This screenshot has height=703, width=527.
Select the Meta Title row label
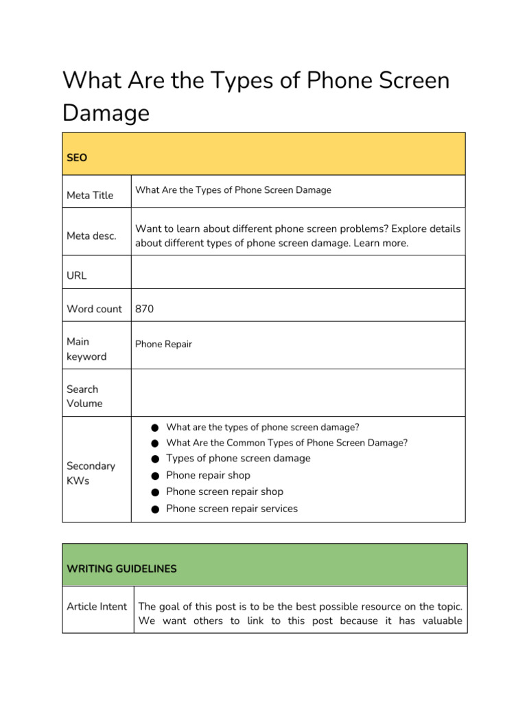[90, 195]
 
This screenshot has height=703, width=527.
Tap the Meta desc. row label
[91, 235]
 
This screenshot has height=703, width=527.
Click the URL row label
[77, 275]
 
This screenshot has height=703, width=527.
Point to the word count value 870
[145, 309]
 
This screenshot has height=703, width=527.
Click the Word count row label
[94, 309]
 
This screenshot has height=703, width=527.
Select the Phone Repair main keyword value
[163, 344]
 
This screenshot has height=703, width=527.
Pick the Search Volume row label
[84, 396]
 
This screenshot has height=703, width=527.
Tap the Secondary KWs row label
[91, 473]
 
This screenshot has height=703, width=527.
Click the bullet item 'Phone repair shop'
[208, 475]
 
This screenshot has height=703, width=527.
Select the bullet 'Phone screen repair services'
[232, 509]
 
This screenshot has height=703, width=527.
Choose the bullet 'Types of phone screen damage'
[238, 458]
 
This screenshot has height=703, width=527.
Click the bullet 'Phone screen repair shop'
[224, 492]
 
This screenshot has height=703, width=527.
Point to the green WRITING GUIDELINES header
[121, 568]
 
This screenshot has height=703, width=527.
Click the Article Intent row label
[97, 606]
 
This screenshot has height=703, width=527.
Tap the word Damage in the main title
[106, 113]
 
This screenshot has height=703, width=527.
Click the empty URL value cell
[298, 273]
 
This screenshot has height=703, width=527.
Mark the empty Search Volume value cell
[298, 393]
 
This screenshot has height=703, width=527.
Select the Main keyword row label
[86, 349]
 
